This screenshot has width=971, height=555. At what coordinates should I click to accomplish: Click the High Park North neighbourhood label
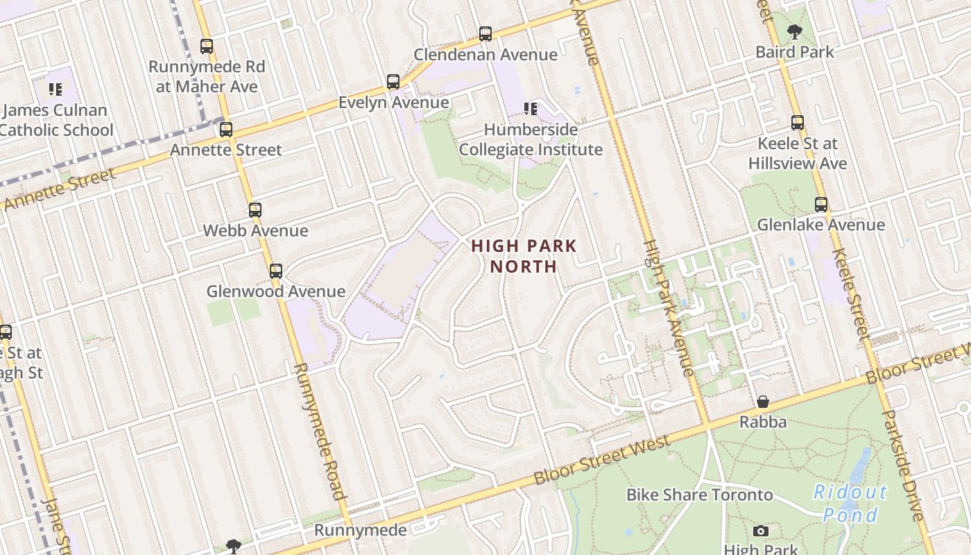pos(524,256)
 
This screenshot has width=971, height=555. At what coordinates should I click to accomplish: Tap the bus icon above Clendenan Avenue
pos(486,33)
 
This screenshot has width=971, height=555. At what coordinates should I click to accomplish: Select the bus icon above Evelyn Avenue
pos(393,82)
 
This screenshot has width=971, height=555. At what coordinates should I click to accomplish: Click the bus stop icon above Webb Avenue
pos(255,210)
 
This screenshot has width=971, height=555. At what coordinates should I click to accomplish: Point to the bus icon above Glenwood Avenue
pos(276,271)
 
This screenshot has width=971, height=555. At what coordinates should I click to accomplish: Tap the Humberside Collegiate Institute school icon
pos(531,108)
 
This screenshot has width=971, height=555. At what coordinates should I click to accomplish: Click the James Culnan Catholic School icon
pos(55,89)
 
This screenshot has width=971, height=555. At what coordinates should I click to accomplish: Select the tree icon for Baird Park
pos(794,31)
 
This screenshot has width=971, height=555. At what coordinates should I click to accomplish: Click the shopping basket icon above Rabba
pos(763,402)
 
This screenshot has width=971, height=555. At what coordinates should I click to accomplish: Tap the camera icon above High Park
pos(761,531)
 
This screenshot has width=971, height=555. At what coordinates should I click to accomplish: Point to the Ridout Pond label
pos(850,504)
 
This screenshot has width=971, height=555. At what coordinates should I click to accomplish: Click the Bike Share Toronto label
pos(699,495)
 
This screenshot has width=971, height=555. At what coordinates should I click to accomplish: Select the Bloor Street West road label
pos(602,460)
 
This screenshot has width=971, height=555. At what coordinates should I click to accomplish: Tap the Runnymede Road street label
pos(320,430)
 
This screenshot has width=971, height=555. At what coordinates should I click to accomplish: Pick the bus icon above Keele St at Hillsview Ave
pos(798,123)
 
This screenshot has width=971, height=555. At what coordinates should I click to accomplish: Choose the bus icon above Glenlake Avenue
pos(821,205)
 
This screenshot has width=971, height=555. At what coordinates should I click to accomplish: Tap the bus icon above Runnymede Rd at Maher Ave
pos(207,46)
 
